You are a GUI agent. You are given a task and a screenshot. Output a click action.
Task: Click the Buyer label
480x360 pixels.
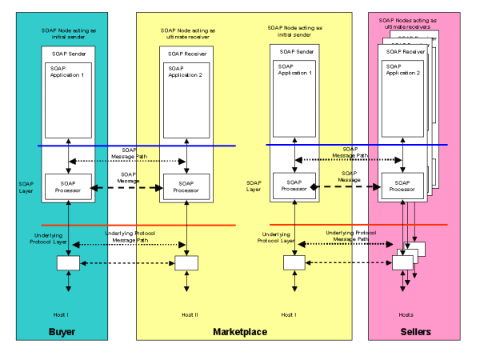pos(62,331)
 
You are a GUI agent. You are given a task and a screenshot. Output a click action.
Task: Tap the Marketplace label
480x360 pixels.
pos(240,331)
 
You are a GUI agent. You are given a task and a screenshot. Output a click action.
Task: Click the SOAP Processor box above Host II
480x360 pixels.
pos(186,187)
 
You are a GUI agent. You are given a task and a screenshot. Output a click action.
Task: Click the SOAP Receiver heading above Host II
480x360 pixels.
pos(186,54)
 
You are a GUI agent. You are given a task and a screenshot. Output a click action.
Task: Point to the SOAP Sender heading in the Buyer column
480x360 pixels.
pos(69,54)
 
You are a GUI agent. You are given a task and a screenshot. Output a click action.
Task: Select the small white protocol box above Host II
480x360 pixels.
pos(186,263)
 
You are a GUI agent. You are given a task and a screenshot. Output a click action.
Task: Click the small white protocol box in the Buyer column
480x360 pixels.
pos(69,263)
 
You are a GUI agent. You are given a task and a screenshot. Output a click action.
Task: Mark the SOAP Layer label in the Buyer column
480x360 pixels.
pos(26,186)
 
